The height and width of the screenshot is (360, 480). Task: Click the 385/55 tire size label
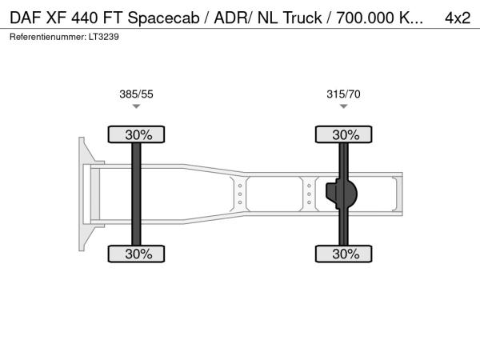(x=136, y=94)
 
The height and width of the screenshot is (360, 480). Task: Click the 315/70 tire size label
(x=343, y=94)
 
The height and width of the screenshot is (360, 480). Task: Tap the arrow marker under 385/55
(x=136, y=106)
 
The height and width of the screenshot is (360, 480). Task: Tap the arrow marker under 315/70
(x=343, y=106)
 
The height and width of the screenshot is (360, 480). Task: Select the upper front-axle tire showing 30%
(x=136, y=134)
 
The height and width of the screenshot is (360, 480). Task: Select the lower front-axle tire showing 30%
(x=136, y=254)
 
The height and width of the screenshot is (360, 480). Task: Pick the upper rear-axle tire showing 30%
(x=343, y=134)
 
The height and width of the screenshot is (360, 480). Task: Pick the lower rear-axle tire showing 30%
(x=343, y=254)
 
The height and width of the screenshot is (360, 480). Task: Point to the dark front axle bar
(x=136, y=194)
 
